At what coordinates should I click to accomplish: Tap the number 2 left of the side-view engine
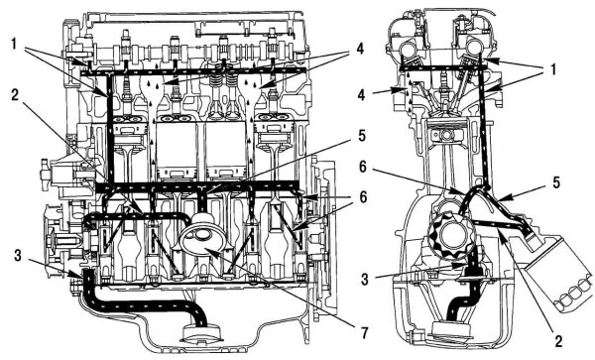[15, 95]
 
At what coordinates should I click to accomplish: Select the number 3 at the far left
[18, 256]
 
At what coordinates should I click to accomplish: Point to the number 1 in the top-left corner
[14, 44]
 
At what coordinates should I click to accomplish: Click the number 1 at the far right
[553, 69]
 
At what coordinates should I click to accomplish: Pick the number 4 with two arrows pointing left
[359, 49]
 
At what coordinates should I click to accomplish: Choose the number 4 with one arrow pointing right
[361, 95]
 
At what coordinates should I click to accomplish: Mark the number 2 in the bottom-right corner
[558, 341]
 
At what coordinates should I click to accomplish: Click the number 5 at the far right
[556, 182]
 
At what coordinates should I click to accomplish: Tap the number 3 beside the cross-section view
[365, 280]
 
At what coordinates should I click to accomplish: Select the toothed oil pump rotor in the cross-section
[450, 233]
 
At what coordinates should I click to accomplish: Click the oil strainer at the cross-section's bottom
[452, 329]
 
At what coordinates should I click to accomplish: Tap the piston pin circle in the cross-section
[447, 136]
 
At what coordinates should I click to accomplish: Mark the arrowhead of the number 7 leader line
[208, 251]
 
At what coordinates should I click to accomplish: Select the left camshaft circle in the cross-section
[409, 48]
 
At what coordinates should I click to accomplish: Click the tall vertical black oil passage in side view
[110, 129]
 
